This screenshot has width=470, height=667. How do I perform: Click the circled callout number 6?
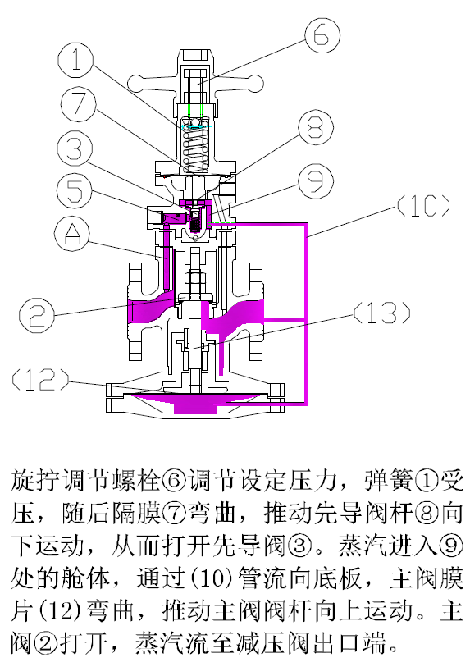point(321,35)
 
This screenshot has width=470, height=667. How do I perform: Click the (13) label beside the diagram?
point(381,312)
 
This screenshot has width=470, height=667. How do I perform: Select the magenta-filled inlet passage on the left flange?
point(148,311)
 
